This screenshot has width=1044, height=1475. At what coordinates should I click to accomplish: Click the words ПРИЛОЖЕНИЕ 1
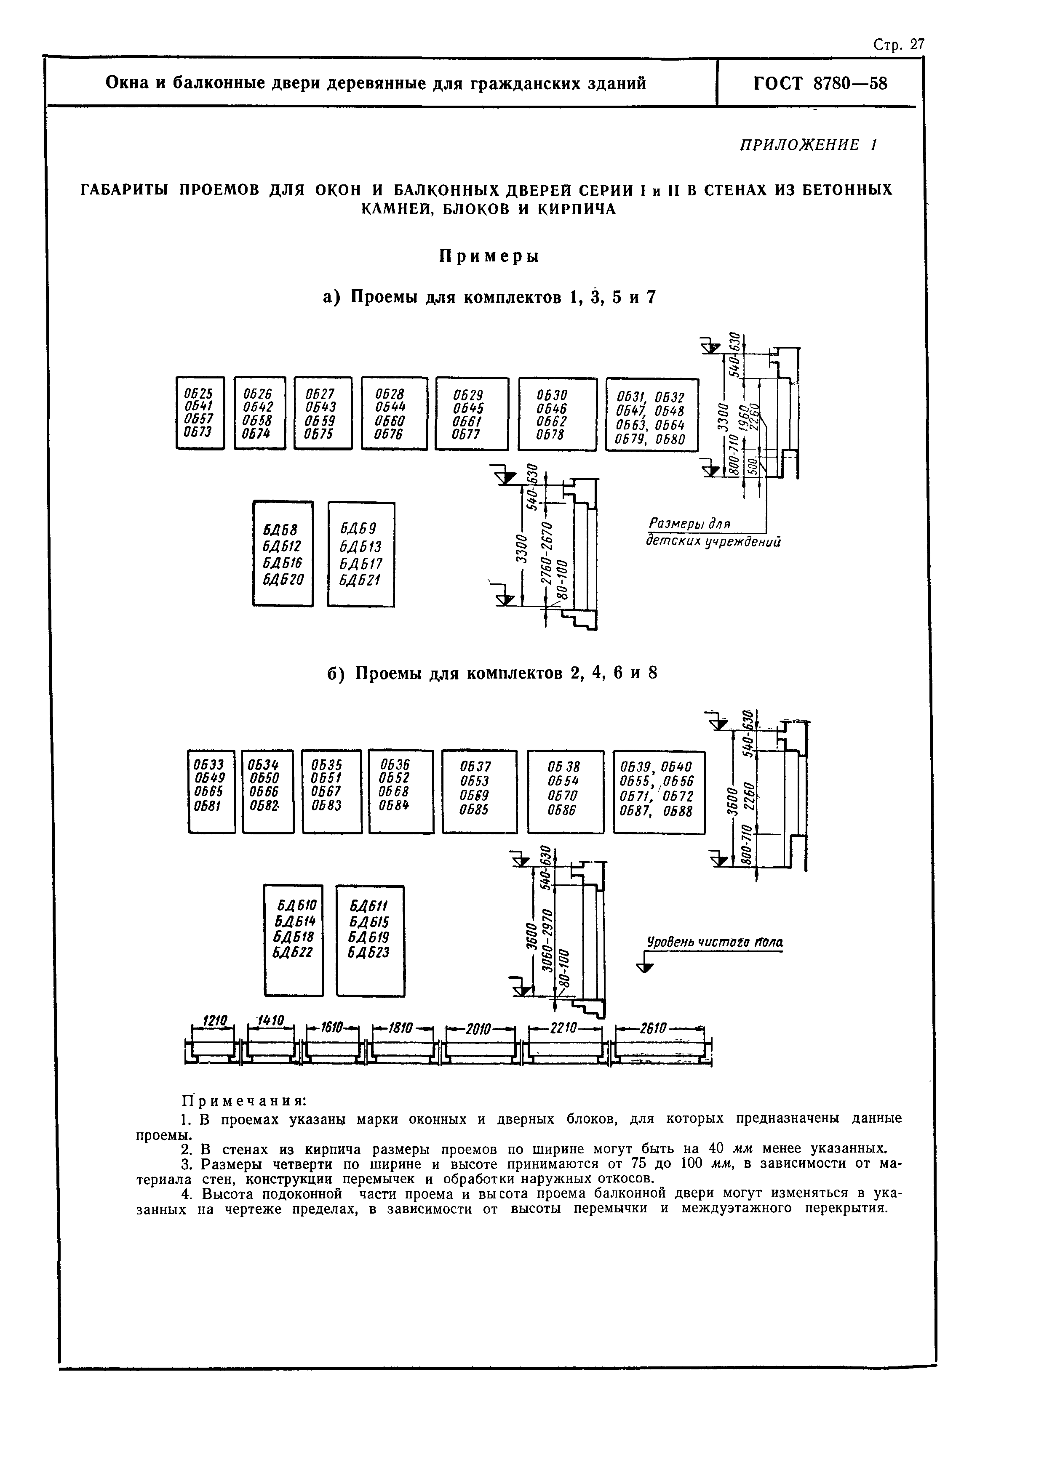point(809,145)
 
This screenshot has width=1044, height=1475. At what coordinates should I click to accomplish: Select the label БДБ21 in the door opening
point(360,580)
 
